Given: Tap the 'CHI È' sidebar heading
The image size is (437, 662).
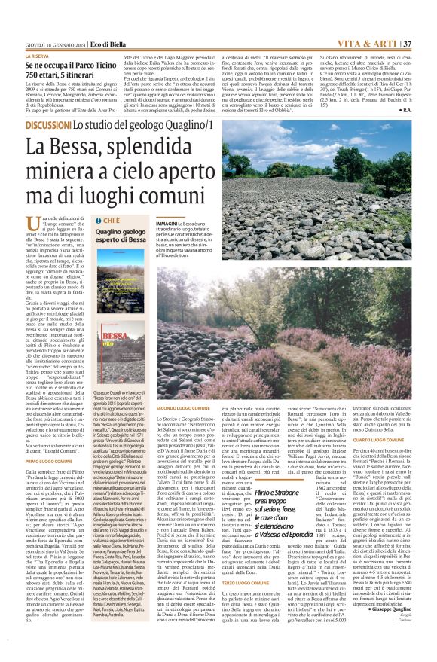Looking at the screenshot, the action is (x=106, y=221).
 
